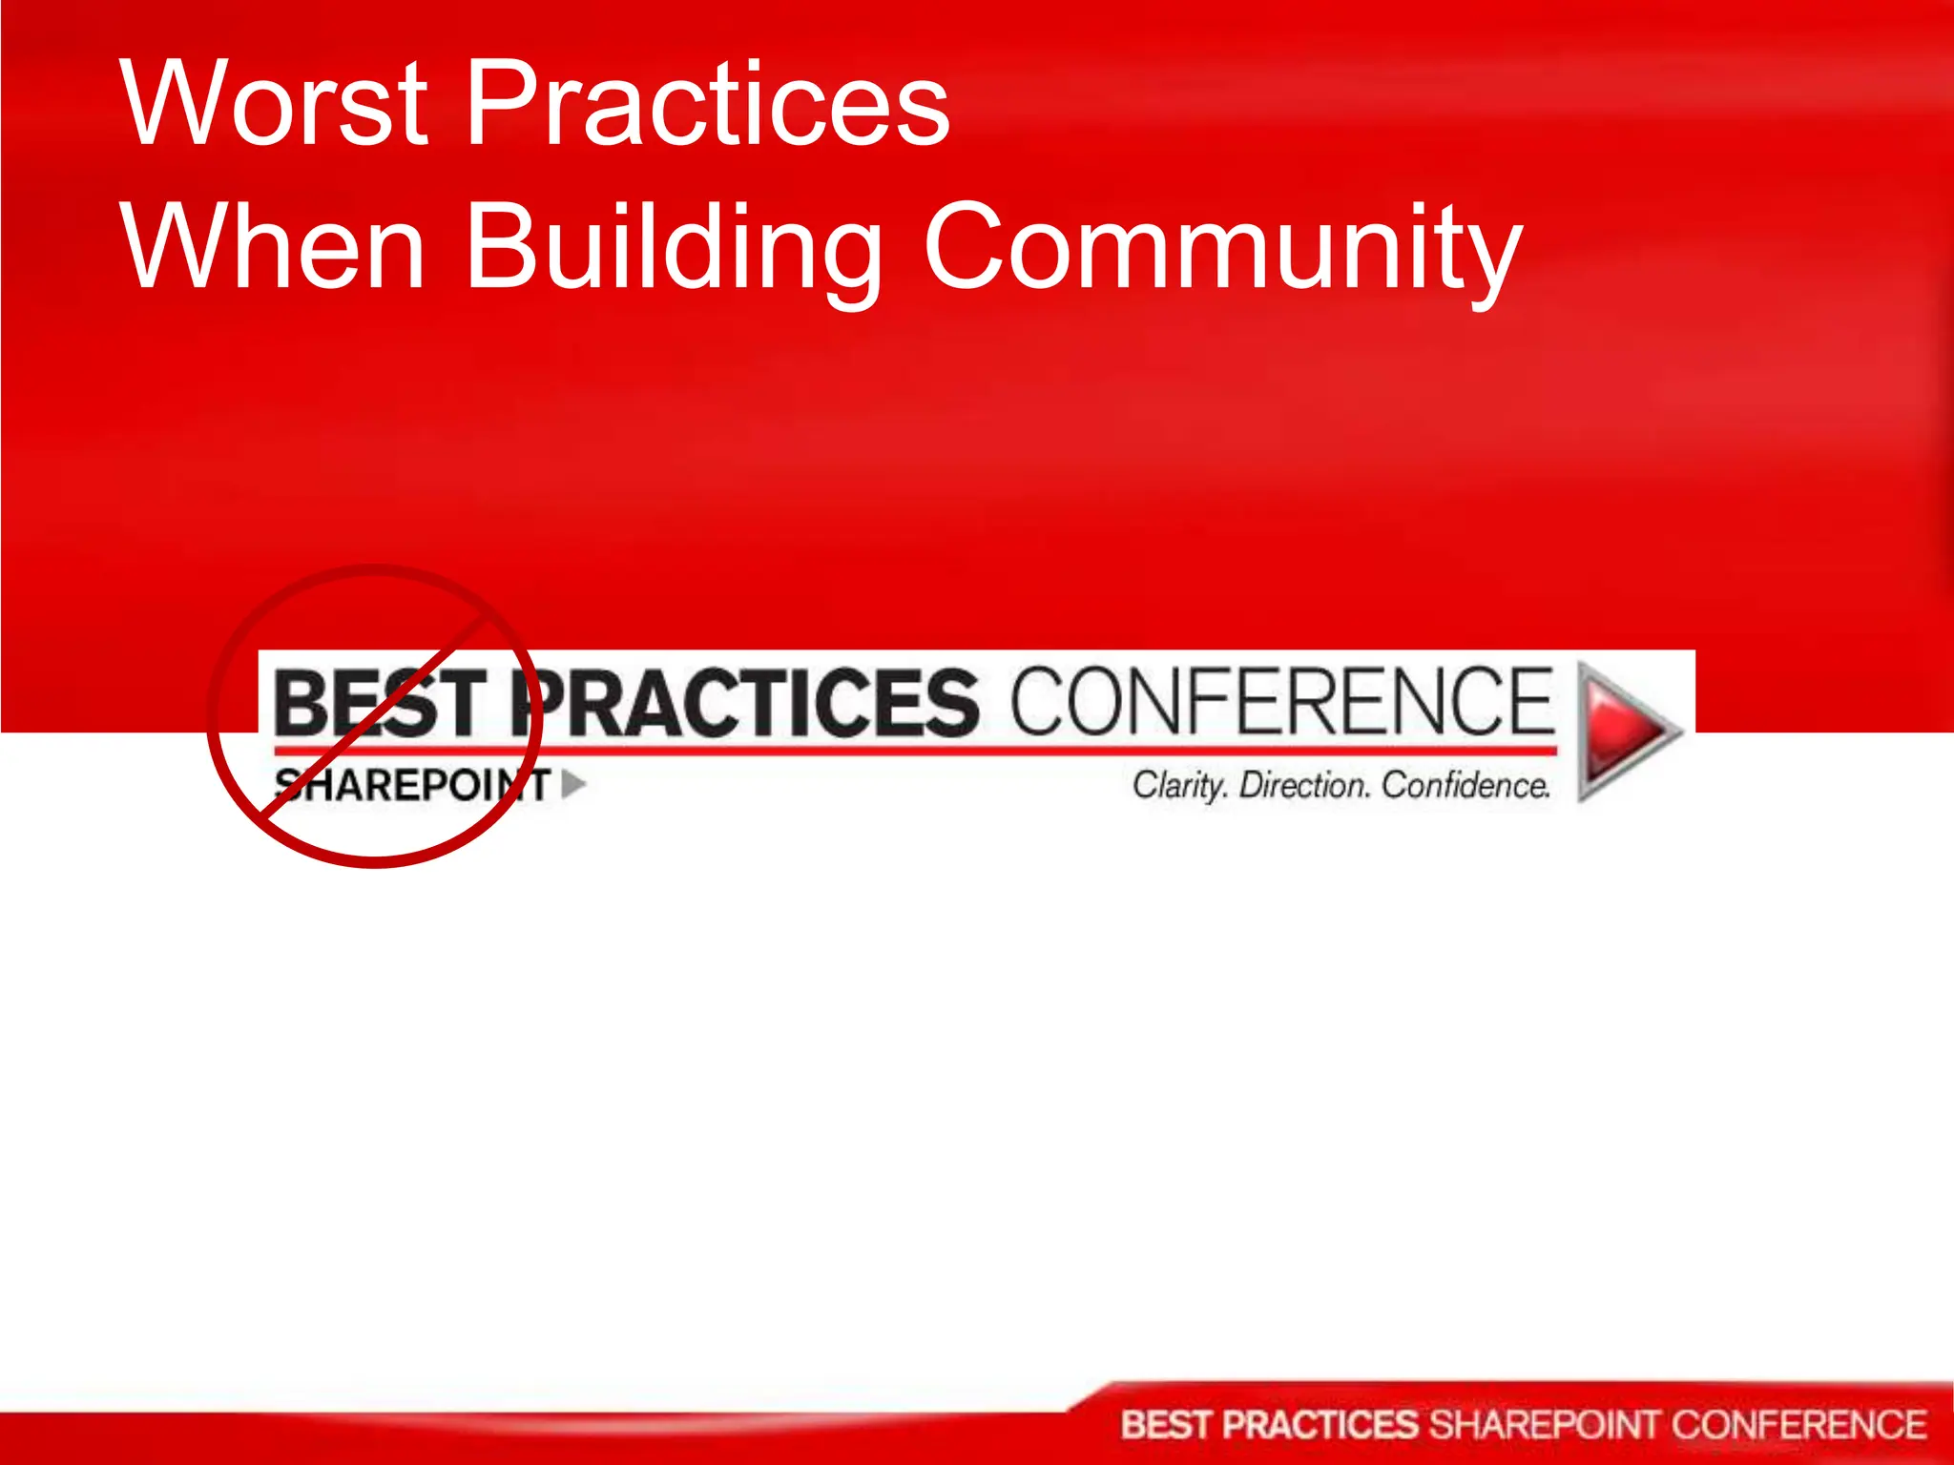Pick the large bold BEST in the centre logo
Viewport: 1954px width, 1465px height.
click(x=382, y=704)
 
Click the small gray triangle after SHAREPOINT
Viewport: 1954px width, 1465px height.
click(x=572, y=784)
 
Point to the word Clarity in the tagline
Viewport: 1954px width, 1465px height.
click(x=1179, y=785)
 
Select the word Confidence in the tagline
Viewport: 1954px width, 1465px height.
click(x=1465, y=785)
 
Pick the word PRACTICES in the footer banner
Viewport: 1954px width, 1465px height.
click(x=1320, y=1425)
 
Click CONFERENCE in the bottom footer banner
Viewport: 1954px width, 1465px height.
click(x=1798, y=1425)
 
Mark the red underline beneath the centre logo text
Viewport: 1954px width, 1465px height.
click(x=916, y=751)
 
